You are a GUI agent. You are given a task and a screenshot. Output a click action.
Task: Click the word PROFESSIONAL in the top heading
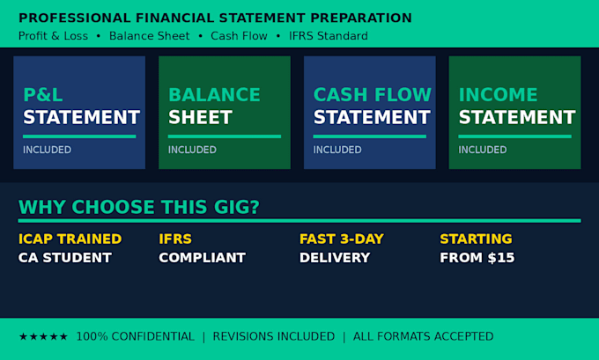click(75, 18)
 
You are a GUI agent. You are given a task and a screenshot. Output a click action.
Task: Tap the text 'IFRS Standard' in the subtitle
click(329, 36)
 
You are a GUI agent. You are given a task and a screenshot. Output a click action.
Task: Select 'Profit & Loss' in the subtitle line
click(53, 36)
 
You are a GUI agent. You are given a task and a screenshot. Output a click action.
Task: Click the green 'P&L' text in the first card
click(43, 95)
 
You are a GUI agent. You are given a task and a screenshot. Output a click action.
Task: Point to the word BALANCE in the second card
click(214, 95)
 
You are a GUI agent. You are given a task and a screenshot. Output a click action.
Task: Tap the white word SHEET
click(200, 117)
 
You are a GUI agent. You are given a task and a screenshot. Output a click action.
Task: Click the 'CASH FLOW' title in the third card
click(373, 95)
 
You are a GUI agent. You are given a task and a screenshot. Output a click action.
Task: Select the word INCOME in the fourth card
click(499, 95)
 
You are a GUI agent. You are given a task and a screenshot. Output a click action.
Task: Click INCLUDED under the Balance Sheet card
click(192, 150)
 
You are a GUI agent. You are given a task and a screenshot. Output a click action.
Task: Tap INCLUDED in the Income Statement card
click(483, 150)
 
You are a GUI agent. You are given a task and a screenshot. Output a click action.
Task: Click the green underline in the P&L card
click(79, 136)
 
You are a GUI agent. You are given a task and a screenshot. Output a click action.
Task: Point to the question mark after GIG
click(254, 207)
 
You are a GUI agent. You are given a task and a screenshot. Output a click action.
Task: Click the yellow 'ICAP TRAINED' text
click(70, 239)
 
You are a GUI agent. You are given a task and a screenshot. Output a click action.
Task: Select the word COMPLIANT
click(202, 258)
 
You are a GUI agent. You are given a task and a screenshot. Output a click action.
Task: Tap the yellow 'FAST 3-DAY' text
click(342, 239)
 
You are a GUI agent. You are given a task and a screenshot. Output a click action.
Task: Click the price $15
click(501, 258)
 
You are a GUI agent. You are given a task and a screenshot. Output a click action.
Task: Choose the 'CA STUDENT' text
click(65, 258)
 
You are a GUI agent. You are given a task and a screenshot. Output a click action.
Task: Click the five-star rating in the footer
click(43, 336)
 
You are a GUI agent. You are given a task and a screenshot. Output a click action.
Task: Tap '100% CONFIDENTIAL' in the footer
click(136, 336)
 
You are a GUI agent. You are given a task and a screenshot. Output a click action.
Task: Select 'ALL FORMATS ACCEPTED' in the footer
click(424, 336)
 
